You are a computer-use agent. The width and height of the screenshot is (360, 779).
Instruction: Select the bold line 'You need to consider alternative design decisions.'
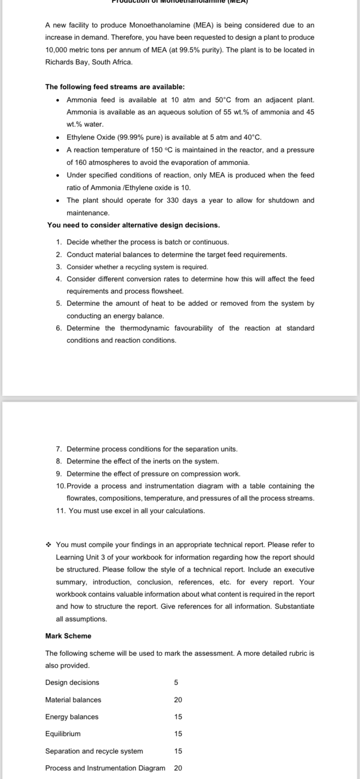click(x=133, y=225)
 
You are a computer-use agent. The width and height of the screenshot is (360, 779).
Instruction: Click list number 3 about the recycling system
click(x=59, y=267)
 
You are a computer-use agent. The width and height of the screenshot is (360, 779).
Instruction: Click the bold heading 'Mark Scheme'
click(x=68, y=636)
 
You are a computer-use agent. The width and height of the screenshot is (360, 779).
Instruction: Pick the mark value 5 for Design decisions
click(x=176, y=682)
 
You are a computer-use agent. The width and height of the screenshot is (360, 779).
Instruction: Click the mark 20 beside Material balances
click(x=178, y=700)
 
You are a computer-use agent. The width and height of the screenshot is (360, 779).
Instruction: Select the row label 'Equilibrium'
click(x=63, y=734)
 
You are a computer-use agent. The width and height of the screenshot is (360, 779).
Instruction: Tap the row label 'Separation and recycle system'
click(x=94, y=751)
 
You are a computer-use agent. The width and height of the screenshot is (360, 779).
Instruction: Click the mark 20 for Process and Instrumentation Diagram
click(x=178, y=768)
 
